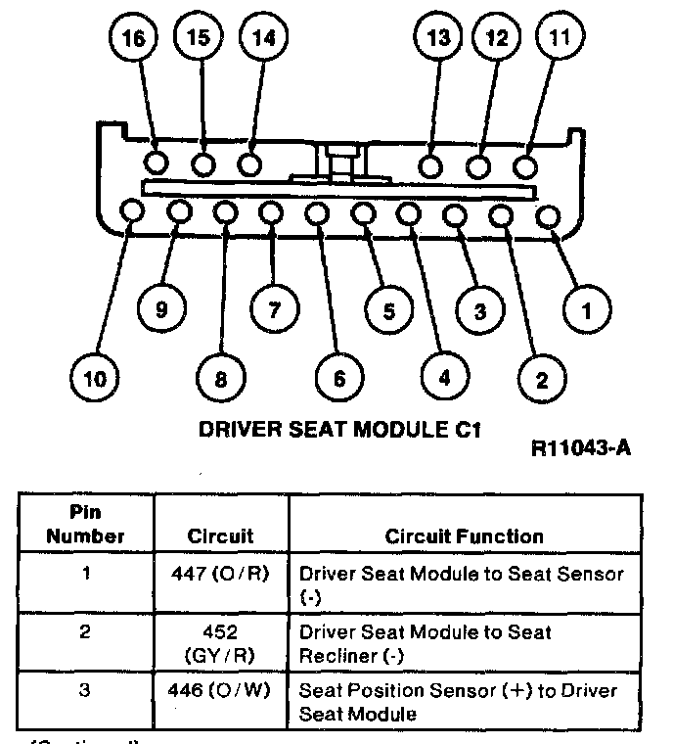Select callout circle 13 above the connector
[439, 39]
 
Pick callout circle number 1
[586, 312]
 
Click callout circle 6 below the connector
[339, 377]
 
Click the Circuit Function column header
[464, 535]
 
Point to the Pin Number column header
[85, 526]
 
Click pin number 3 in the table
[85, 691]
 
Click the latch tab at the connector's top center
[338, 158]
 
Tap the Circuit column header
[221, 535]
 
